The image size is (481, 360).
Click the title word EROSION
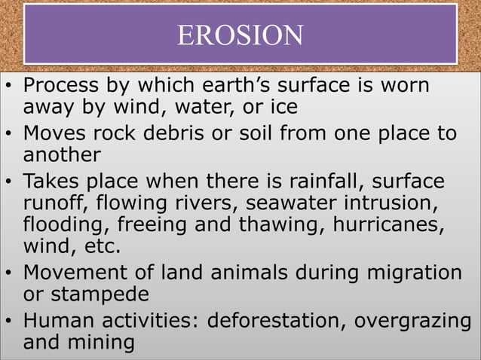(240, 35)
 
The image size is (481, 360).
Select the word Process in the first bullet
(62, 85)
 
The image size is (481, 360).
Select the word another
(62, 155)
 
